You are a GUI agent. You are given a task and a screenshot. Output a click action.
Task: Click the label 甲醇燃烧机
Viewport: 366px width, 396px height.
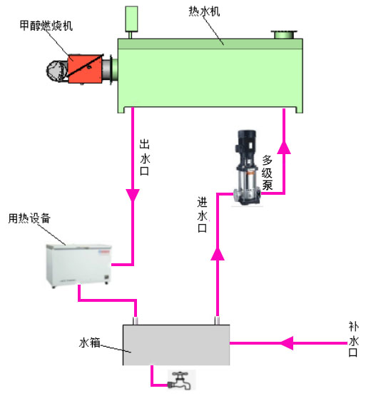[x=46, y=26]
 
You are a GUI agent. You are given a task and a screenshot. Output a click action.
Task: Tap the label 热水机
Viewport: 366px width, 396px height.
[x=204, y=11]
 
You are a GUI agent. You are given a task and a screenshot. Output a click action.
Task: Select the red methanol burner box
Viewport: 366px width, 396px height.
[x=85, y=68]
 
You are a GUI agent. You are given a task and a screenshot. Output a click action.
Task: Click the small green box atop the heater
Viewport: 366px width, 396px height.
[x=131, y=19]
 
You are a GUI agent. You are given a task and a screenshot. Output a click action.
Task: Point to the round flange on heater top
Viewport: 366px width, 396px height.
[x=284, y=34]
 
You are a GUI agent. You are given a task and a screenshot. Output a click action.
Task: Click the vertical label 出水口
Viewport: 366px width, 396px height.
[x=145, y=158]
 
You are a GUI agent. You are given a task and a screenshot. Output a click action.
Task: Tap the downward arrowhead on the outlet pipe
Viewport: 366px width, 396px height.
[x=133, y=196]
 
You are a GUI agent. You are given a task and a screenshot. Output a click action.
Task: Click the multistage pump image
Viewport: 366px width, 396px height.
[x=247, y=168]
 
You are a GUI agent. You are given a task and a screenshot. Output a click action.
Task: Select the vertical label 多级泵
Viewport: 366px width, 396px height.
[x=267, y=173]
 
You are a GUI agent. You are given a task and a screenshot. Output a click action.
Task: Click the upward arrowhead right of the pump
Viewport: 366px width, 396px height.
[x=284, y=148]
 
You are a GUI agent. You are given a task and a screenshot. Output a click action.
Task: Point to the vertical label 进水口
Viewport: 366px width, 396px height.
[x=202, y=215]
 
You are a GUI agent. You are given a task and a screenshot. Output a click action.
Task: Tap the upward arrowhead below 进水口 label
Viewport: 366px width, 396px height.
[x=218, y=253]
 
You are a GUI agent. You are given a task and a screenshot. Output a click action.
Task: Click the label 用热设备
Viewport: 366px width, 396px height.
[x=29, y=218]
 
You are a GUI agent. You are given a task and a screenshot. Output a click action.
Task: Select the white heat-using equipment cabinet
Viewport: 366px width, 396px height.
[x=78, y=265]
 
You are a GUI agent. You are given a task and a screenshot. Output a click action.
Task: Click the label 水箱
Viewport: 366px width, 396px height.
[x=90, y=342]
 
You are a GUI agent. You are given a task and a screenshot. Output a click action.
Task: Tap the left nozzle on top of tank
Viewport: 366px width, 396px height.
[x=136, y=321]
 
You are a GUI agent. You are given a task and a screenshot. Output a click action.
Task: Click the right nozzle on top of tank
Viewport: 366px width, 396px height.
[x=218, y=320]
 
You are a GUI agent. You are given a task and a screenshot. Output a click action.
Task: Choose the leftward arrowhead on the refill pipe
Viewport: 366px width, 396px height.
[x=287, y=343]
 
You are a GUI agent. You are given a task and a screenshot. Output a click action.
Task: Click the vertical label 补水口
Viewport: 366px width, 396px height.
[x=354, y=339]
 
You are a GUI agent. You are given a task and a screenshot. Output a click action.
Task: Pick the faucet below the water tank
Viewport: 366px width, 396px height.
[x=180, y=381]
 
